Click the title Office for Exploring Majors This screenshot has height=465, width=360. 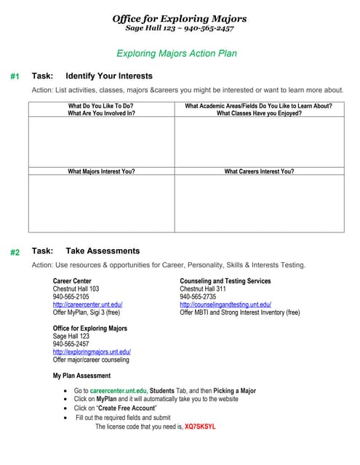click(180, 18)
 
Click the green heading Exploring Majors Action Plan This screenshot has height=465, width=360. click(177, 53)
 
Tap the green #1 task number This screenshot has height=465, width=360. click(15, 76)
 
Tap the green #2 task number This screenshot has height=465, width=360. click(15, 252)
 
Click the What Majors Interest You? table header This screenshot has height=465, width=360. click(101, 171)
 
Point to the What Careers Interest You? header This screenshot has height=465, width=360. click(259, 171)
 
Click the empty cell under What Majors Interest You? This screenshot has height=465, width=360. click(101, 203)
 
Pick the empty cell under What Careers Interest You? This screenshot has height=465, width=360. click(259, 203)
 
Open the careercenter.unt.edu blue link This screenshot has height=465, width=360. click(87, 304)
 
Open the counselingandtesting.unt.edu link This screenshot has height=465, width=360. click(225, 304)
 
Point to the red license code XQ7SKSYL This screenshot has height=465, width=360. click(200, 426)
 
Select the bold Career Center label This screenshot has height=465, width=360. click(72, 281)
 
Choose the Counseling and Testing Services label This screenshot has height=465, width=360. click(225, 281)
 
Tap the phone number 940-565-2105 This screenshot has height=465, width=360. click(71, 296)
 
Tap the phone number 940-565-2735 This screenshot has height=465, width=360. click(198, 296)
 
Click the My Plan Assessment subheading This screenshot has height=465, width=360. click(81, 376)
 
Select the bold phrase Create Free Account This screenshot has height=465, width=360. click(136, 409)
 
